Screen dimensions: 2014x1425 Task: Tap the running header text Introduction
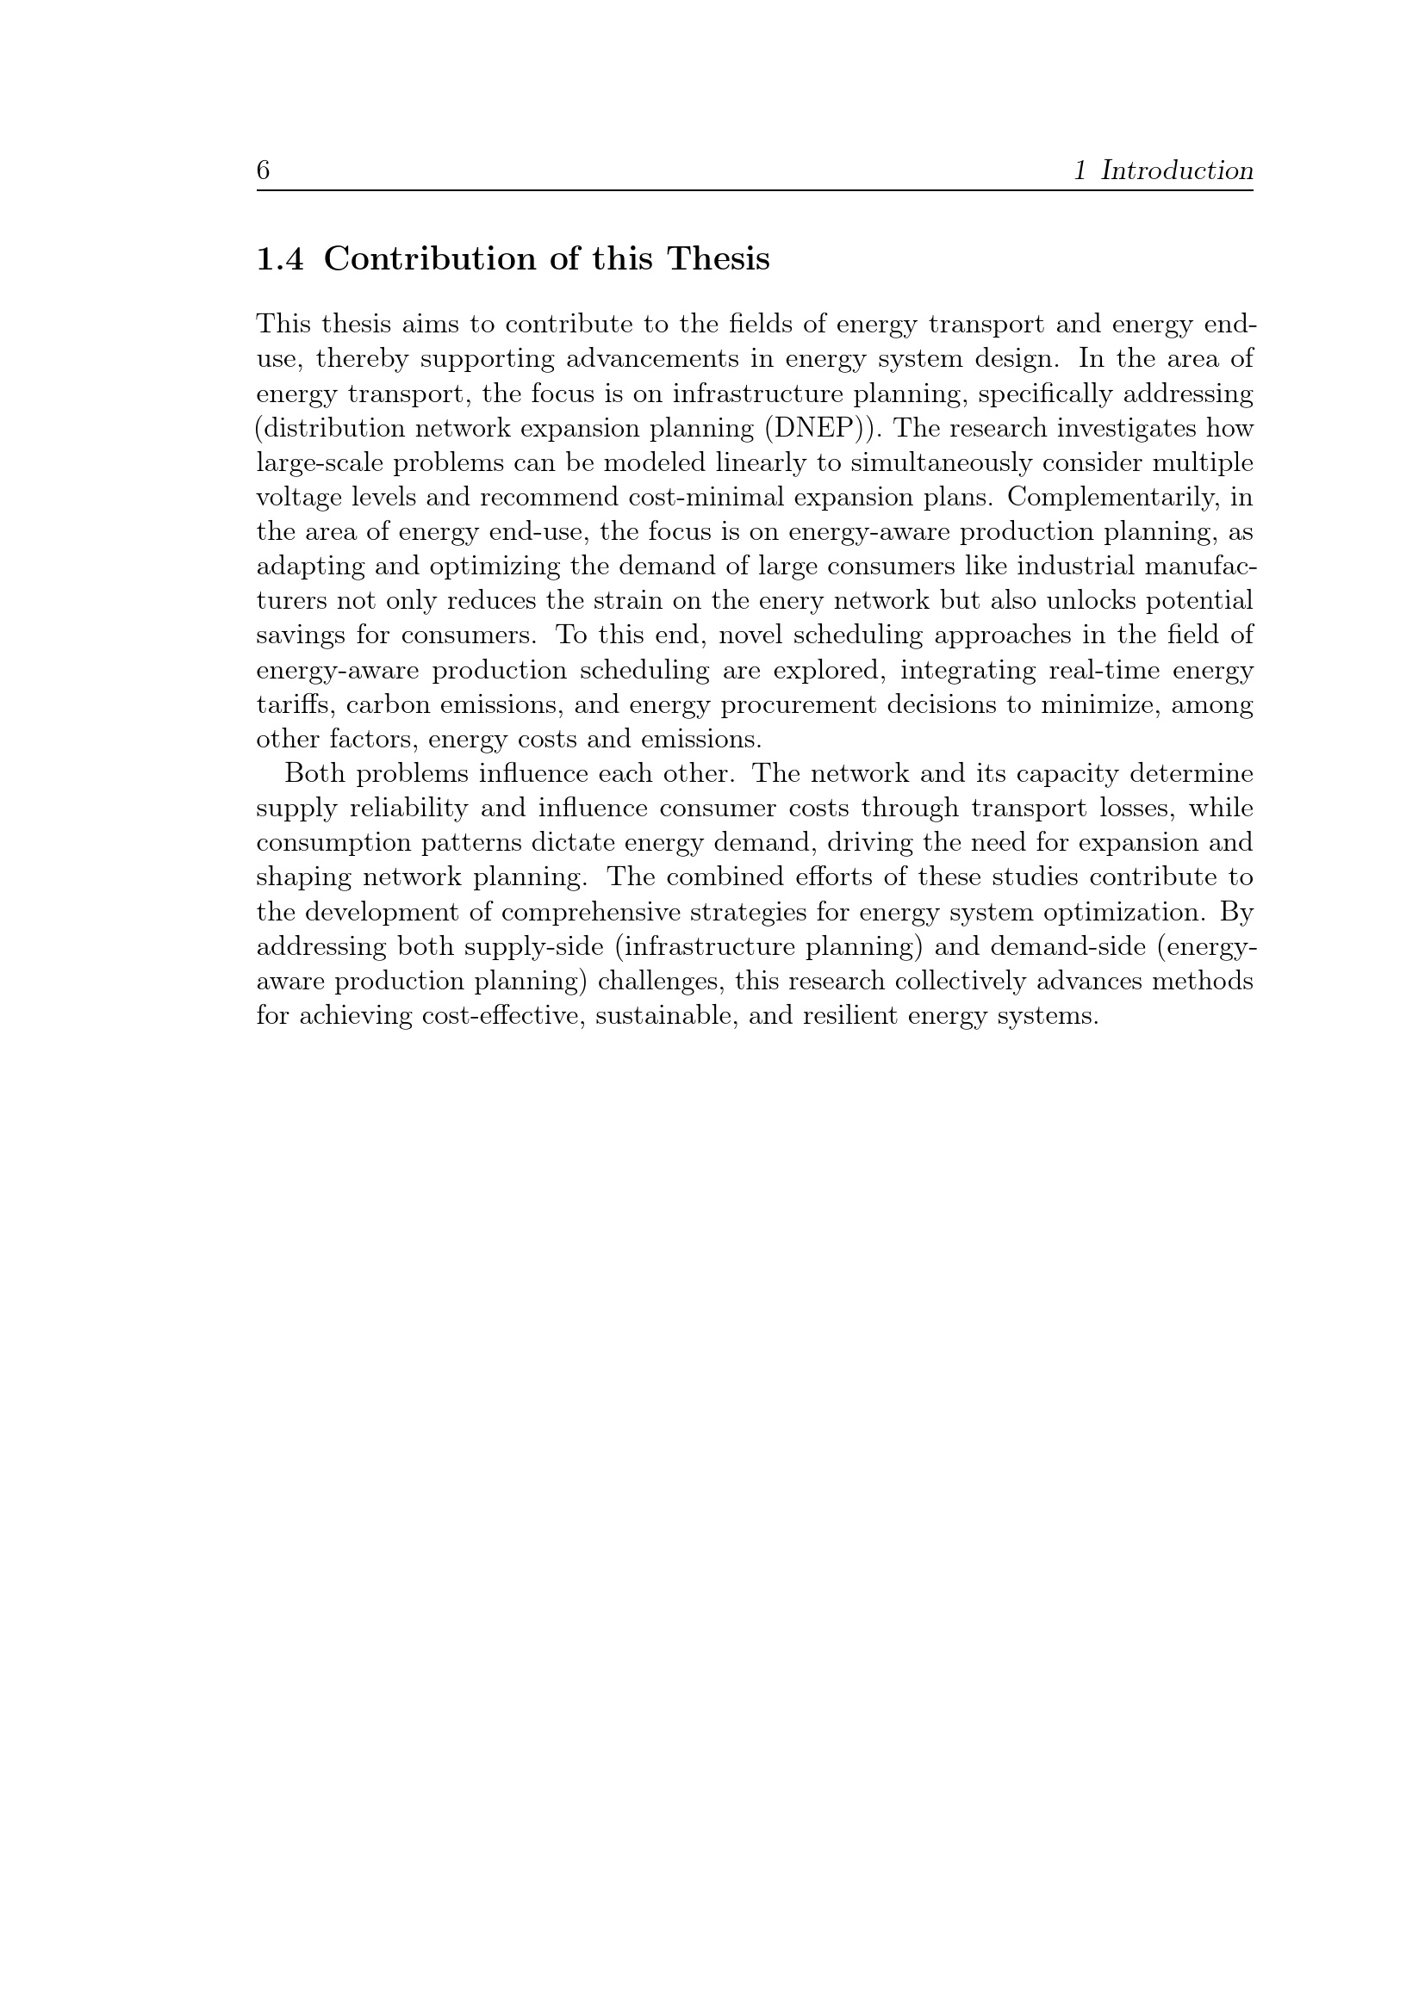pyautogui.click(x=1177, y=170)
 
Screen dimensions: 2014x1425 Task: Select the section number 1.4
pyautogui.click(x=280, y=259)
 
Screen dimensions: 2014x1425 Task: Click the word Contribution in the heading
pyautogui.click(x=430, y=259)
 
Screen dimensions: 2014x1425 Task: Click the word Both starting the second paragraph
pyautogui.click(x=314, y=774)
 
